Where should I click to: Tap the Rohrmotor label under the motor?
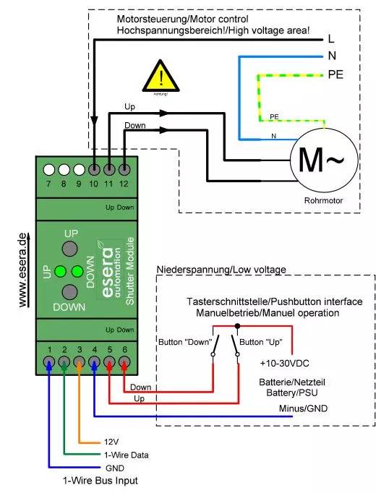point(322,202)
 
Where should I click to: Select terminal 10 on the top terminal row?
point(95,170)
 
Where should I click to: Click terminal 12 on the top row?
point(124,170)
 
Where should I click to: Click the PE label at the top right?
point(335,74)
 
